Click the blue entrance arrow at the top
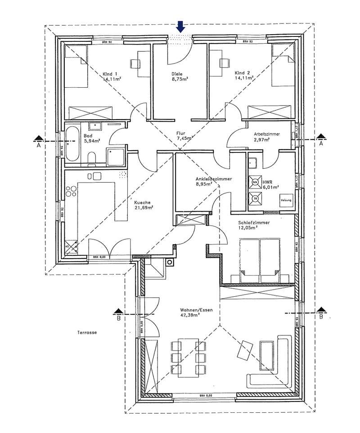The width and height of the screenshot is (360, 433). tap(180, 27)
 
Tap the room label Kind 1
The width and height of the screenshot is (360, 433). tap(110, 73)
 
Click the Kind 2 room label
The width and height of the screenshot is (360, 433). tap(242, 72)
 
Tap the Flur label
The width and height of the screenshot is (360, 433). tap(180, 133)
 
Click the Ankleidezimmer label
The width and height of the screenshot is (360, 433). tap(214, 179)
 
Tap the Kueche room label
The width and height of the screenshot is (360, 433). tap(143, 202)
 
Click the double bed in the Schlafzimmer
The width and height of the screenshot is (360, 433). tap(259, 261)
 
